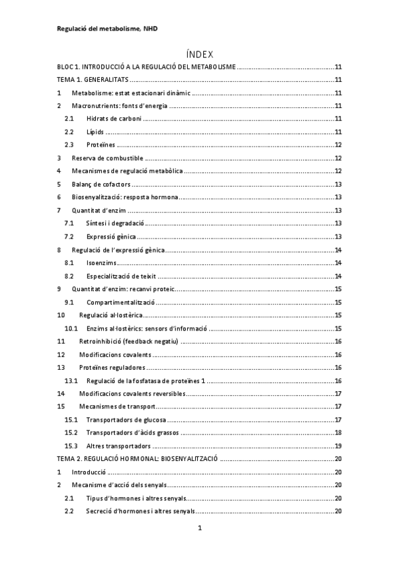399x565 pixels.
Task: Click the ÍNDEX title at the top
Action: [x=199, y=54]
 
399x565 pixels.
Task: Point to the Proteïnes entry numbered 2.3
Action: [x=101, y=145]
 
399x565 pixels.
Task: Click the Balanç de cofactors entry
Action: [x=101, y=184]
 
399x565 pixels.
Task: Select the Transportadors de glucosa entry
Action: [x=126, y=420]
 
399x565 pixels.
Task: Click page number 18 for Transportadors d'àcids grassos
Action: [x=338, y=432]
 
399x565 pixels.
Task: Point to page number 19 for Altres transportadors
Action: [x=338, y=446]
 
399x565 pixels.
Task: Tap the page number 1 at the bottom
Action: [x=199, y=529]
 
